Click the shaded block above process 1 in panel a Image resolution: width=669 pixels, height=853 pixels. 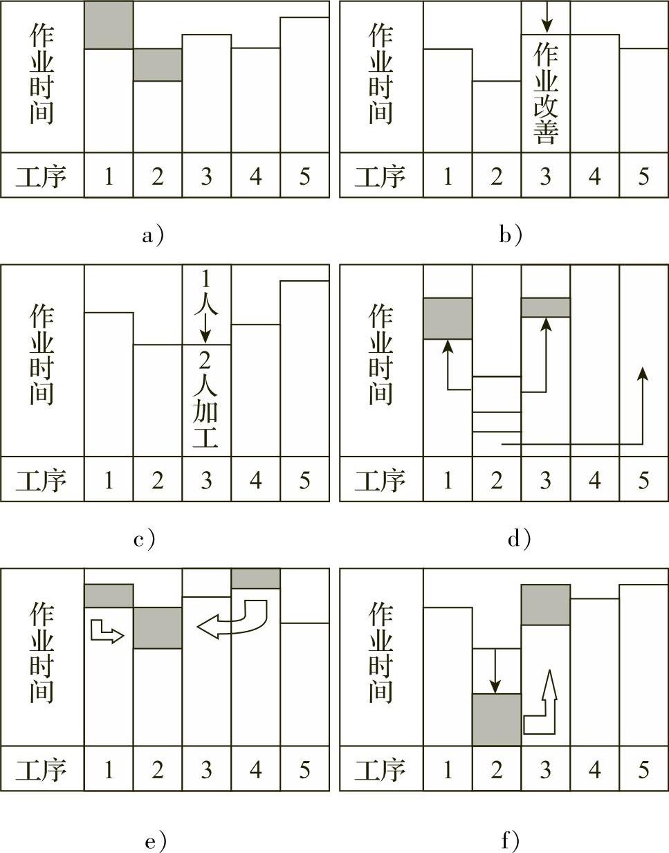tap(109, 25)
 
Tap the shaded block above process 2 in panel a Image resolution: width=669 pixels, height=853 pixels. tap(158, 64)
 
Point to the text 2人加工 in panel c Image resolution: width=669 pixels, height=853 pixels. tap(207, 400)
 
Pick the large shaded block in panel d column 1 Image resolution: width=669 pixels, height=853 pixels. tap(448, 318)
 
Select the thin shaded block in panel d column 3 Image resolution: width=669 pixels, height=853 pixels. tap(546, 307)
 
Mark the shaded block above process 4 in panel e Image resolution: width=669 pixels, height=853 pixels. tap(256, 578)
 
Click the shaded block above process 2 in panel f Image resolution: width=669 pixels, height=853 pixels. tap(497, 719)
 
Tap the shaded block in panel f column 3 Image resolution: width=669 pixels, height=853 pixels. tap(546, 605)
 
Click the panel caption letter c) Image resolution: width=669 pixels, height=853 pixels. tap(145, 539)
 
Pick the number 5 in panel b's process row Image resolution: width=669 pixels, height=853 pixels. tap(643, 176)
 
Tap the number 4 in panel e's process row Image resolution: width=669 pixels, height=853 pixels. tap(255, 769)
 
